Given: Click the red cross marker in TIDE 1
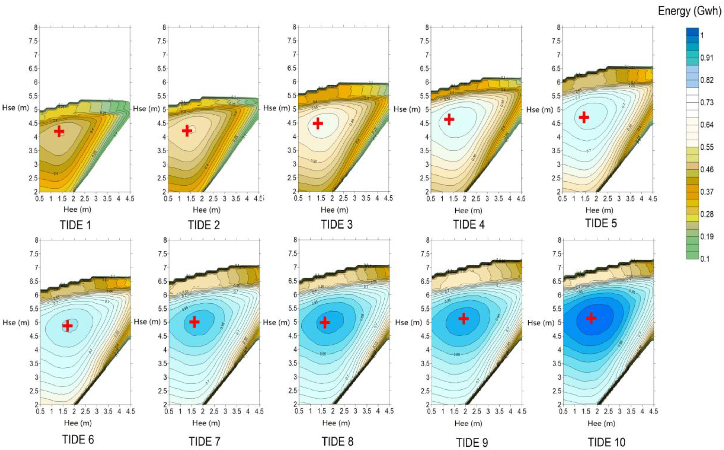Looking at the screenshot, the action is pyautogui.click(x=59, y=131).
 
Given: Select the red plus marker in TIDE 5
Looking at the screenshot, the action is pyautogui.click(x=584, y=117).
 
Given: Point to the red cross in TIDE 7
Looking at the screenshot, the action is pyautogui.click(x=194, y=322).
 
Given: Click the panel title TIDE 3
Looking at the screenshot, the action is pyautogui.click(x=337, y=224).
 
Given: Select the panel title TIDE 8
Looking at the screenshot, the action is pyautogui.click(x=337, y=441).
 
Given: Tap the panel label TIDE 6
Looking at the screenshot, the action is pyautogui.click(x=78, y=439).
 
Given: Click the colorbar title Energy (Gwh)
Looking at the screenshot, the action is pyautogui.click(x=689, y=11).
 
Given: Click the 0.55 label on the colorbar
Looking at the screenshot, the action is pyautogui.click(x=707, y=147).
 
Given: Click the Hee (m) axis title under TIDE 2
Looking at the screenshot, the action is pyautogui.click(x=206, y=210).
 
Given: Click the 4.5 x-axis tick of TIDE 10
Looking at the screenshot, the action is pyautogui.click(x=653, y=411).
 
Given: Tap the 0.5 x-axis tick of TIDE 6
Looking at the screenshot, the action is pyautogui.click(x=40, y=411).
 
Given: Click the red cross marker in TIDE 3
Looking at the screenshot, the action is pyautogui.click(x=318, y=123).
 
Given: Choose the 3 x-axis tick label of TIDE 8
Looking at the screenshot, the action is pyautogui.click(x=355, y=411).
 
